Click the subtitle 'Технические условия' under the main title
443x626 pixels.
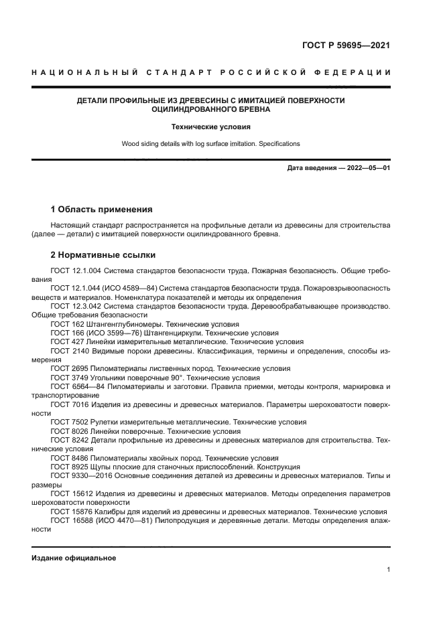coord(210,126)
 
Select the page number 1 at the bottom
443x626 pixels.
coord(388,570)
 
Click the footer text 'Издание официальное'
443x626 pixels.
coord(74,558)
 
